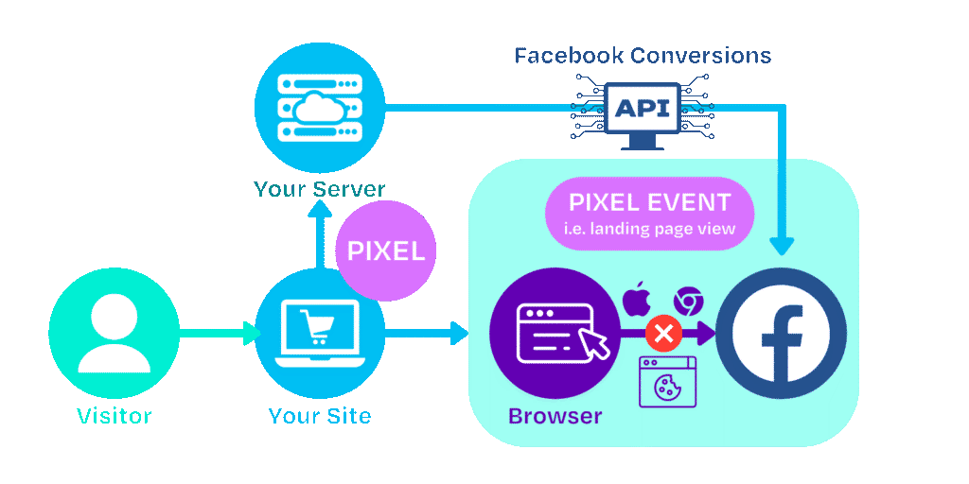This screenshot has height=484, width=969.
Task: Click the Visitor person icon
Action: click(x=114, y=333)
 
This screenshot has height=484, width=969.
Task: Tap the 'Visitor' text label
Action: click(x=114, y=415)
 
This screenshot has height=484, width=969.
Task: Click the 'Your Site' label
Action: click(x=320, y=415)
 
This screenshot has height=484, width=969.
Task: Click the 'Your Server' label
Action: click(x=320, y=189)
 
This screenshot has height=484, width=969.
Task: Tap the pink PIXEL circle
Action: click(x=385, y=252)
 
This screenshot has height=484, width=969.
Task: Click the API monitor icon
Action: click(x=643, y=111)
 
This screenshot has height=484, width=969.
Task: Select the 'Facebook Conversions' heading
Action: click(x=643, y=55)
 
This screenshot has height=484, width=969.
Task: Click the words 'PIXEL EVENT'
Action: click(x=649, y=202)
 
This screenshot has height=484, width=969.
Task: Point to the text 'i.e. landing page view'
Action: click(x=649, y=229)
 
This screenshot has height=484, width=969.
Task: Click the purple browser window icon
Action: click(x=554, y=333)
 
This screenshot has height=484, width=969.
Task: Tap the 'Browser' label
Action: click(x=555, y=415)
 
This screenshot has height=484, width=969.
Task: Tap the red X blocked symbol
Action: click(x=663, y=333)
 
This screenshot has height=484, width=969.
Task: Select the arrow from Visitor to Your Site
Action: click(x=218, y=333)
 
